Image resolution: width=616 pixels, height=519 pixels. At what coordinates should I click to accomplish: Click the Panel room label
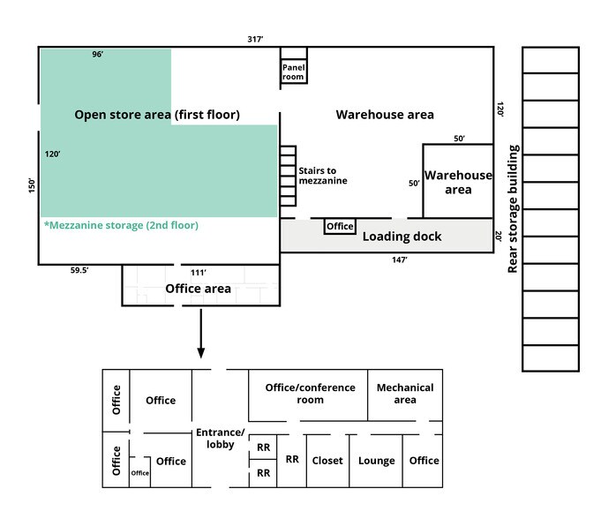point(293,71)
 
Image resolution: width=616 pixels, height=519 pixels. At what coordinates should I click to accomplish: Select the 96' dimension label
point(98,55)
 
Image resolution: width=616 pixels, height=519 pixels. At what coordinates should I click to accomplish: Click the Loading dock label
point(402,237)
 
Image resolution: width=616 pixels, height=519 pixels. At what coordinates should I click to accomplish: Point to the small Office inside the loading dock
point(340,227)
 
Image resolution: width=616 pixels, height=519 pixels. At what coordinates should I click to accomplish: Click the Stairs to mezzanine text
point(322,176)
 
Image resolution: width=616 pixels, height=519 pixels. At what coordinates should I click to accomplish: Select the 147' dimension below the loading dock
point(400,259)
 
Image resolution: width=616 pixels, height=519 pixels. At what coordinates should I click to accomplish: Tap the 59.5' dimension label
point(79,272)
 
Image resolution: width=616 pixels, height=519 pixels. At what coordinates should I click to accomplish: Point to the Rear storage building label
point(513,209)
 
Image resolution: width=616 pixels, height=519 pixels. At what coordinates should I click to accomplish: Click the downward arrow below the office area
point(201,335)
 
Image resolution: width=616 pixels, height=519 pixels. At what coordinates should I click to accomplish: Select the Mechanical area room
point(404,394)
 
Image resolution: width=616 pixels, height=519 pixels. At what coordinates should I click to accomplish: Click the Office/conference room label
point(310,394)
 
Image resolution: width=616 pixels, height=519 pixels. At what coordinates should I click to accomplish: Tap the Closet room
point(327,461)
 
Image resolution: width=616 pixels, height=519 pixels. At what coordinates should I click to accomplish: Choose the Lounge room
point(377,461)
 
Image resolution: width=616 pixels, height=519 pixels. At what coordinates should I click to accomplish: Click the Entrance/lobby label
point(219,438)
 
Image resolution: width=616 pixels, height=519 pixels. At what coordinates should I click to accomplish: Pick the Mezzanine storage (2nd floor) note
point(121,225)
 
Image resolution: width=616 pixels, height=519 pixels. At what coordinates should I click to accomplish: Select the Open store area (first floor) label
point(157,115)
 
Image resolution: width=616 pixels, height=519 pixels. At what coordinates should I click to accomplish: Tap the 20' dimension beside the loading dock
point(500,237)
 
